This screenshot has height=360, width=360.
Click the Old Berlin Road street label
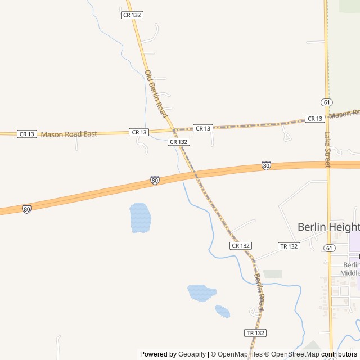pyautogui.click(x=156, y=93)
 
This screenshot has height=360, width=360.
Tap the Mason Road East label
pyautogui.click(x=69, y=134)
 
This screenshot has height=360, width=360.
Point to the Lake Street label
pyautogui.click(x=328, y=149)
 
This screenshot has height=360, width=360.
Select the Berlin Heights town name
pyautogui.click(x=328, y=227)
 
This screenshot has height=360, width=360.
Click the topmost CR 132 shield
pyautogui.click(x=132, y=15)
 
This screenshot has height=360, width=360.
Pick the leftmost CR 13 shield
pyautogui.click(x=27, y=134)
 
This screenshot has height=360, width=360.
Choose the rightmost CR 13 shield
pyautogui.click(x=315, y=119)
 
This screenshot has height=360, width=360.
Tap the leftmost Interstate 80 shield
pyautogui.click(x=26, y=209)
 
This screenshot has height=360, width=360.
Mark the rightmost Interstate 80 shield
pyautogui.click(x=266, y=166)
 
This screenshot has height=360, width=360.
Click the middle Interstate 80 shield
pyautogui.click(x=155, y=181)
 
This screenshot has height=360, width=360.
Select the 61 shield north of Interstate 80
pyautogui.click(x=327, y=102)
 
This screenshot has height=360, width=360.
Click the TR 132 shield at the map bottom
pyautogui.click(x=255, y=333)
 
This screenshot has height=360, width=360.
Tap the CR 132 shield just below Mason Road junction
pyautogui.click(x=178, y=142)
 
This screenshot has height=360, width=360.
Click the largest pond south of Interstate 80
pyautogui.click(x=140, y=218)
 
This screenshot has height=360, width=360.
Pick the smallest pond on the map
pyautogui.click(x=223, y=311)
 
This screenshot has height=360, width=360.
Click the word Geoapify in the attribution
pyautogui.click(x=192, y=354)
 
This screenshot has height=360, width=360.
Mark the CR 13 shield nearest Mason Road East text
pyautogui.click(x=139, y=132)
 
